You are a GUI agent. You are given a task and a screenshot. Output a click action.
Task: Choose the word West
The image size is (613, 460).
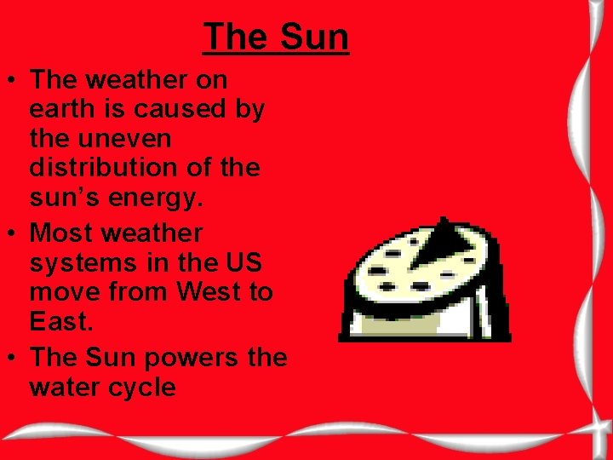[x=209, y=292]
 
